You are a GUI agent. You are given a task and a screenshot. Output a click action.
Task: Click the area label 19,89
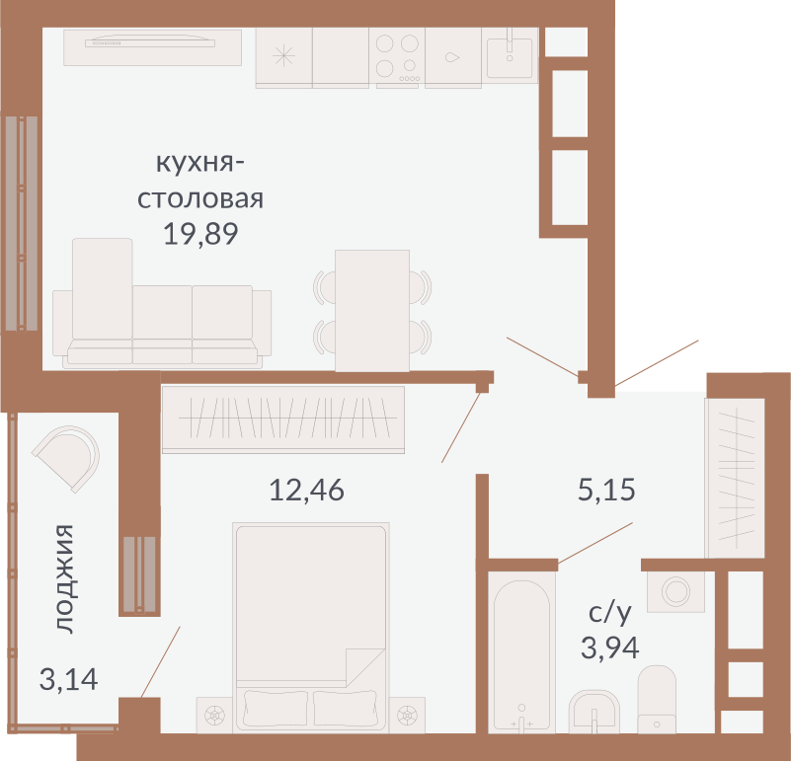click(200, 235)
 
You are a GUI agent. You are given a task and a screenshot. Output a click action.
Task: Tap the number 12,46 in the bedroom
click(306, 491)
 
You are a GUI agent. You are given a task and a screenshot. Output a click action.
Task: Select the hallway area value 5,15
click(606, 490)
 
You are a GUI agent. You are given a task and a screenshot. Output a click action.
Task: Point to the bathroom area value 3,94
click(609, 648)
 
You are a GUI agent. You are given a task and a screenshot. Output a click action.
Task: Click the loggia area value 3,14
click(68, 679)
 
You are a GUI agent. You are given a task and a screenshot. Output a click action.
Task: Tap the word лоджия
click(65, 578)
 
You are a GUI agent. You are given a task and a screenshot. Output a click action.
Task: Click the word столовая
click(200, 198)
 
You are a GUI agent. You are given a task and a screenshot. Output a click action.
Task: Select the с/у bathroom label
click(610, 613)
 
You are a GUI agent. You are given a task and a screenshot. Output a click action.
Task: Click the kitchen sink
click(510, 55)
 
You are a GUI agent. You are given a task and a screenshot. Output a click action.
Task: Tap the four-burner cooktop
click(397, 56)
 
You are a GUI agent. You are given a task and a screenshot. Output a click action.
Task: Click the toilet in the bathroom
click(657, 699)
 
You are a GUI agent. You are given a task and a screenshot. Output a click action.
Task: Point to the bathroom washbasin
click(593, 711)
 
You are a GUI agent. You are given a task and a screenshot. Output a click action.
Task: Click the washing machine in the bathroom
click(675, 591)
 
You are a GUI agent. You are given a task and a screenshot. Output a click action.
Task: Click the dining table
click(372, 311)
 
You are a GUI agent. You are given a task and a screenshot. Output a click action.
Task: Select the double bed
click(311, 628)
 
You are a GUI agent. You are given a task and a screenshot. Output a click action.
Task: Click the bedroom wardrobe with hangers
click(283, 419)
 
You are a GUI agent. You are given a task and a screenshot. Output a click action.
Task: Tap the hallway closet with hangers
click(735, 478)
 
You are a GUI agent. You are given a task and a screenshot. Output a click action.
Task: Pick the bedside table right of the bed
click(407, 716)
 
